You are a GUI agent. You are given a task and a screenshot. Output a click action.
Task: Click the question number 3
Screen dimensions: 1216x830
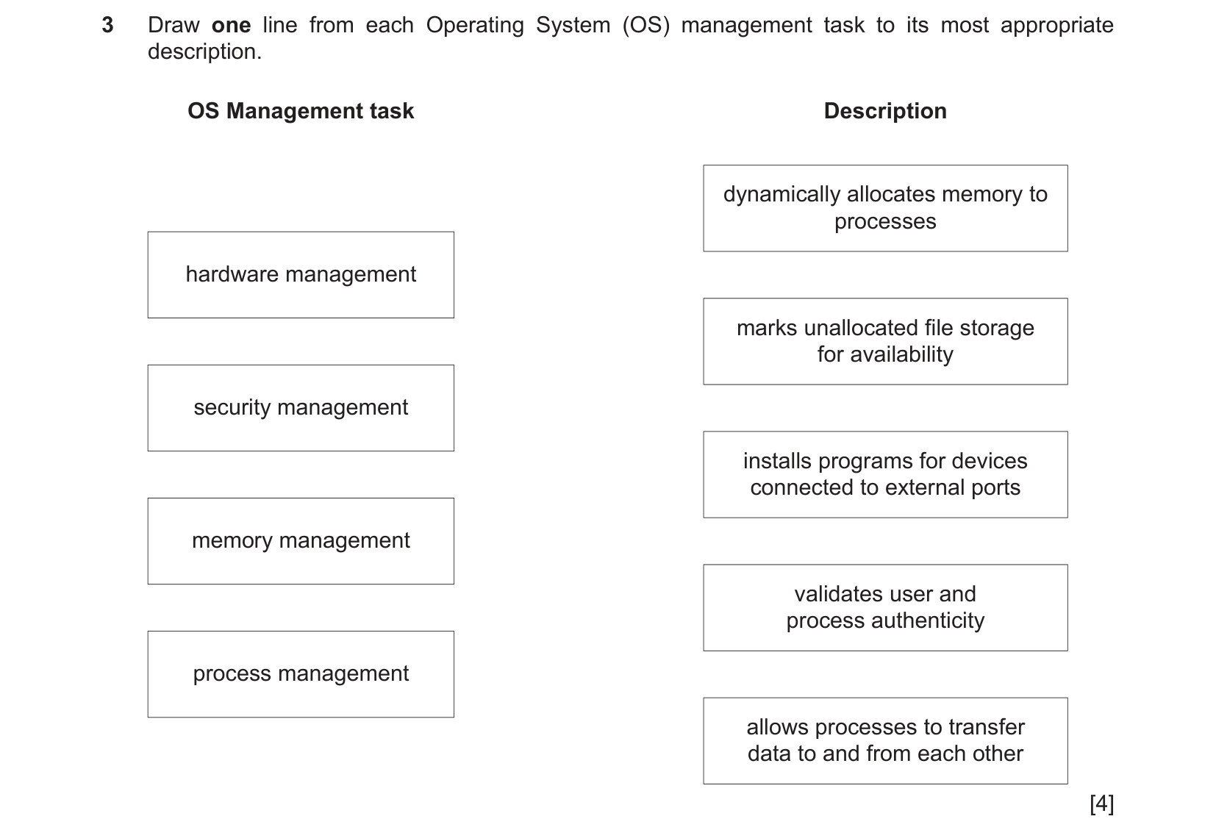tap(107, 25)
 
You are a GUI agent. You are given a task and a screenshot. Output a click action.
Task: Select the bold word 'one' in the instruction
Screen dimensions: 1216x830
tap(232, 26)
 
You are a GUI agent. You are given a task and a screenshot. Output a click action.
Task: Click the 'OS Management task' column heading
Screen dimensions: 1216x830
tap(301, 111)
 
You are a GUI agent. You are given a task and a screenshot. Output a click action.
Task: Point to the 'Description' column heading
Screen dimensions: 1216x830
tap(885, 111)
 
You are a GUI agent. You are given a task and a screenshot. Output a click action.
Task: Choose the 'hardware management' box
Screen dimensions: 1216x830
tap(301, 275)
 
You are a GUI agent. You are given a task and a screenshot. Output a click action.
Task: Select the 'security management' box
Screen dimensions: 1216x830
tap(301, 408)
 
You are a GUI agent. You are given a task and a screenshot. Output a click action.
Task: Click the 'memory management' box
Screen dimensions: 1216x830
tap(301, 541)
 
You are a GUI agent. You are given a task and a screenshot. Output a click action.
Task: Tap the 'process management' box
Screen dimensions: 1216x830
tap(301, 674)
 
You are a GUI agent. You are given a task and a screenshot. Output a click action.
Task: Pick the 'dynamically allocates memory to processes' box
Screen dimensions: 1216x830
tap(885, 209)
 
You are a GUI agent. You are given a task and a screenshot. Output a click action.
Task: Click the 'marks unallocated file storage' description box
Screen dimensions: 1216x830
tap(885, 341)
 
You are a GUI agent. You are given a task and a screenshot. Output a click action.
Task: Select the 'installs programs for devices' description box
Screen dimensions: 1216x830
tap(885, 474)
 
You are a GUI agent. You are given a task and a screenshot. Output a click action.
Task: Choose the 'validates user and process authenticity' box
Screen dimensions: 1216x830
tap(885, 608)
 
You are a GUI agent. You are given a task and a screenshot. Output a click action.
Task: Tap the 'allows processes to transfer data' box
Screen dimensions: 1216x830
tap(885, 741)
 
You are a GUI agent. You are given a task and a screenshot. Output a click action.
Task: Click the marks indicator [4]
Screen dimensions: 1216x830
tap(1101, 804)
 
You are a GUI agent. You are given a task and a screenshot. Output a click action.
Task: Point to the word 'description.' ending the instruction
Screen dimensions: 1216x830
tap(204, 52)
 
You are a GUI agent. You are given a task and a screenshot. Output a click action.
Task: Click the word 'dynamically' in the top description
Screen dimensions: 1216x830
tap(782, 195)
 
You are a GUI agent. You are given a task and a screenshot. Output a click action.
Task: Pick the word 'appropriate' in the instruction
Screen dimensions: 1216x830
tap(1057, 26)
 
